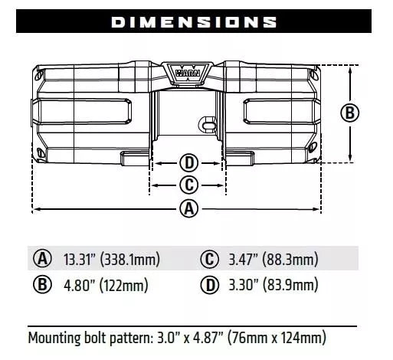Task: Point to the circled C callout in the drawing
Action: click(188, 185)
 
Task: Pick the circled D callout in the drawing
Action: click(188, 162)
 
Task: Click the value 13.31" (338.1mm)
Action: click(111, 259)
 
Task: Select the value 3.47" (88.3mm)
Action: click(273, 259)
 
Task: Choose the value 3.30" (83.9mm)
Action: click(273, 286)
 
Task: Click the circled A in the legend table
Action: click(43, 258)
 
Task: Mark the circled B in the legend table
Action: click(43, 286)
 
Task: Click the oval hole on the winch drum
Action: click(205, 121)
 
